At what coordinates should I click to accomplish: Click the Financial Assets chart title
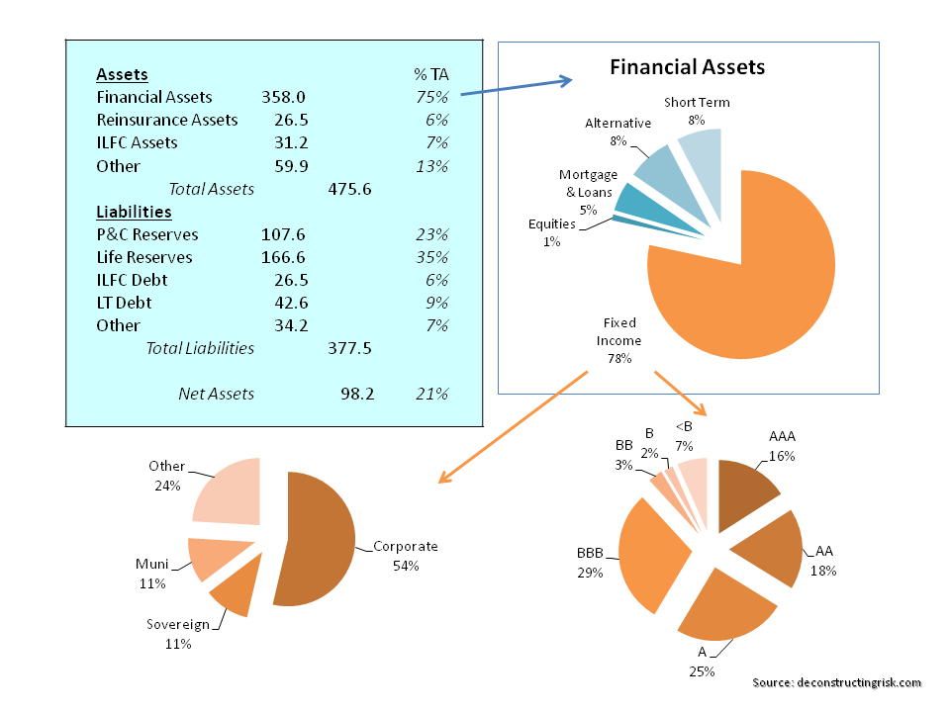[687, 67]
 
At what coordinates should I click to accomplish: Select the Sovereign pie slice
[234, 590]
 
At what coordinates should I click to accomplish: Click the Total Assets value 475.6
[348, 189]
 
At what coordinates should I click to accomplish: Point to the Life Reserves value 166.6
[283, 257]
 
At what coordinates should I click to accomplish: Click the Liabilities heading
[134, 212]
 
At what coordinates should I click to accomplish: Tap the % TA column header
[431, 74]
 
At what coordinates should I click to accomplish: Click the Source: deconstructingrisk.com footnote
[836, 682]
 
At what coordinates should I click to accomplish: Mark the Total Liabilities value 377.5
[349, 348]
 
